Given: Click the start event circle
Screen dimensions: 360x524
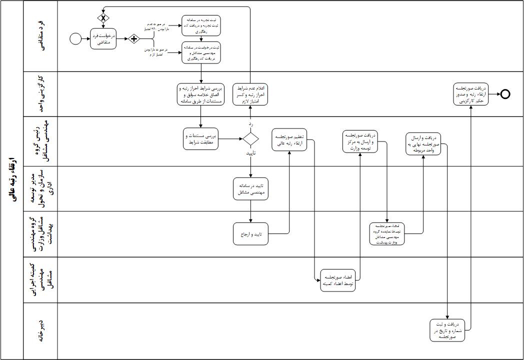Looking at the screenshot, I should point(75,38).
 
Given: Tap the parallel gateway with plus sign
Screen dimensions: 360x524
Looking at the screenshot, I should point(133,38).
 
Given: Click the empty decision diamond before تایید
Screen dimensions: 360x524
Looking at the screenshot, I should point(250,138).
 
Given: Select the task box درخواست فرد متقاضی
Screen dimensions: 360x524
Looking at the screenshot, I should point(103,39).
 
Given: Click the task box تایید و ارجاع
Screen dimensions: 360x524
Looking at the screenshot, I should point(250,233).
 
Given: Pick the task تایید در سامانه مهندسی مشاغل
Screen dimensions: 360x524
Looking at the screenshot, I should point(251,187).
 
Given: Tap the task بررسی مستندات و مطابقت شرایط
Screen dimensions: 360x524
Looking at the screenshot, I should point(200,139).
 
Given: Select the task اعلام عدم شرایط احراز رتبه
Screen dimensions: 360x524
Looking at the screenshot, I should point(250,93).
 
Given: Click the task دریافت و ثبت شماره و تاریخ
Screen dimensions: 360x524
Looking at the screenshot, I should point(448,329).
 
